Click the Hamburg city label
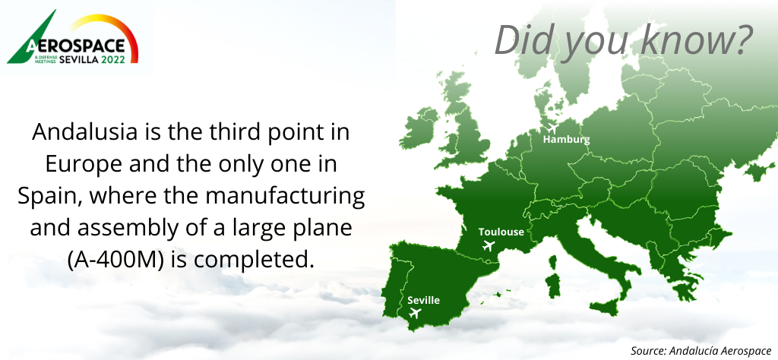(x=566, y=139)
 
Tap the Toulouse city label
(x=501, y=232)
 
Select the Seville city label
(x=423, y=300)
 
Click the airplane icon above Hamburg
(x=552, y=128)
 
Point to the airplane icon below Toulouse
(x=489, y=245)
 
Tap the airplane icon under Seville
(x=415, y=313)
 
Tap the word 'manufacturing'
(x=286, y=197)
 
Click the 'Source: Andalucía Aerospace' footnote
(x=701, y=351)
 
